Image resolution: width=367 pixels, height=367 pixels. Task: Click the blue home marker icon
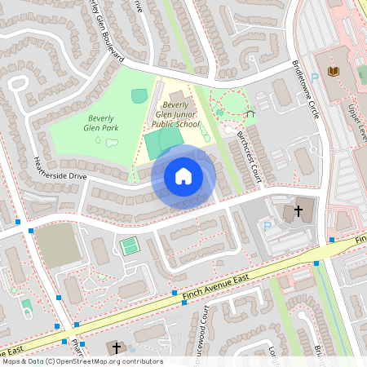pos(183,175)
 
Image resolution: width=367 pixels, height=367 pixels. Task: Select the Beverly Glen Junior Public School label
pos(177,115)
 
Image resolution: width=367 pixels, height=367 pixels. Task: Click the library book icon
pos(333,72)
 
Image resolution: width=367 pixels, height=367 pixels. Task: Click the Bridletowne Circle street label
pos(303,93)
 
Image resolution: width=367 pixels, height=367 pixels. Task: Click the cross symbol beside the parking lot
pos(298,211)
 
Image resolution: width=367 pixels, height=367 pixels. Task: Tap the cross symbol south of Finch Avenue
pos(116,348)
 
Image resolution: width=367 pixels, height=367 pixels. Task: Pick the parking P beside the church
pos(266,225)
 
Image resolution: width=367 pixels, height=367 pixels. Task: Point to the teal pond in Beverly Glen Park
pos(139,96)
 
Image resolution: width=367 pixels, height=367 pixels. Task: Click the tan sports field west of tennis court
pos(56,244)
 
